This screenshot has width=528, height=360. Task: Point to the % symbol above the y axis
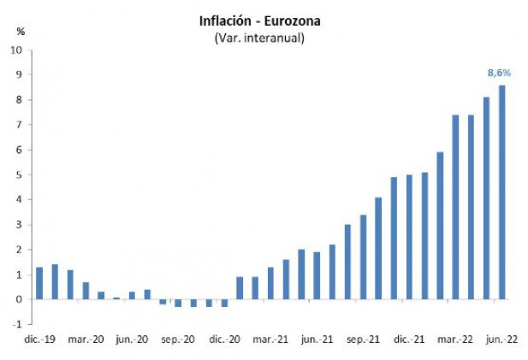tap(21, 32)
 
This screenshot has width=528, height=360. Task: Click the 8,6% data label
tap(499, 74)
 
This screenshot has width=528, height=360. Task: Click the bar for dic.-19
tap(39, 283)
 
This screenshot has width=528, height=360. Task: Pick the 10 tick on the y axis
tap(17, 50)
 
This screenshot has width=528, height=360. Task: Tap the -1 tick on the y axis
tap(18, 325)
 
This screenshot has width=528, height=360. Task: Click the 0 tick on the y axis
tap(20, 299)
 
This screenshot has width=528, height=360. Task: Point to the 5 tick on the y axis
tap(20, 174)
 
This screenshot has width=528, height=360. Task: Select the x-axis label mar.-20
tap(86, 340)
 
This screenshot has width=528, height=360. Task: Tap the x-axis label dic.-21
tap(409, 340)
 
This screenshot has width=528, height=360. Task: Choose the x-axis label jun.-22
tap(501, 340)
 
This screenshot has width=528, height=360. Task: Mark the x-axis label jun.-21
tap(317, 340)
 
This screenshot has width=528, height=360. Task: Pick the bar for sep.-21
tap(363, 257)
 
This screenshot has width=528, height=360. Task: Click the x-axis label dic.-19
tap(39, 340)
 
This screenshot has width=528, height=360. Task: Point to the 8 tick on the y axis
tap(20, 100)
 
